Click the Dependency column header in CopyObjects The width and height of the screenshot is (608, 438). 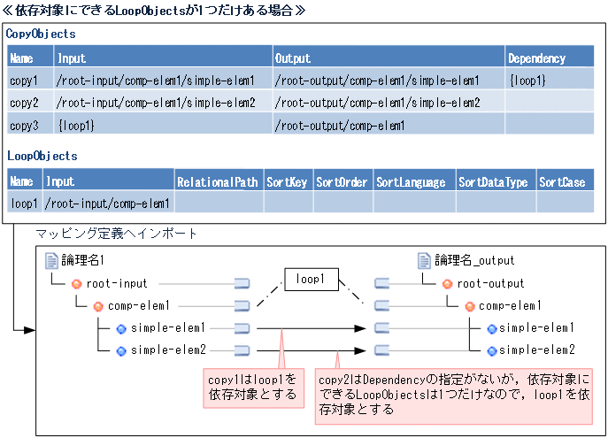click(x=537, y=58)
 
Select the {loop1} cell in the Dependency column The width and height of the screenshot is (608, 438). click(x=528, y=81)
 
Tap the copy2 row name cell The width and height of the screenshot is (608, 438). click(x=24, y=103)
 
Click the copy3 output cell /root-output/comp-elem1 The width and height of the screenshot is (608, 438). click(x=340, y=126)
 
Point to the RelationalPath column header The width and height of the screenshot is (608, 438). click(x=218, y=182)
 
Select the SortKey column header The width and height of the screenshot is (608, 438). click(x=287, y=182)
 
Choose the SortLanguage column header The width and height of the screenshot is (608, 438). click(x=411, y=182)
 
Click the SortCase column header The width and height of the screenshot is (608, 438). click(x=562, y=182)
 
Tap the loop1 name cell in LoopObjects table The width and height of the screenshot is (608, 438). click(x=24, y=204)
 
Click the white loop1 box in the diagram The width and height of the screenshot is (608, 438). click(x=311, y=280)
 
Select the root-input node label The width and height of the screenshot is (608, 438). click(x=117, y=284)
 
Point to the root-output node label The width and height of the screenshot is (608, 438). click(x=490, y=284)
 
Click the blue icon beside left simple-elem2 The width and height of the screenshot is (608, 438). click(x=121, y=350)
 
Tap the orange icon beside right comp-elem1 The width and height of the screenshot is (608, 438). click(x=469, y=306)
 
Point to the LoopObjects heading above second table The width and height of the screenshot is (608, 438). click(x=42, y=157)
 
